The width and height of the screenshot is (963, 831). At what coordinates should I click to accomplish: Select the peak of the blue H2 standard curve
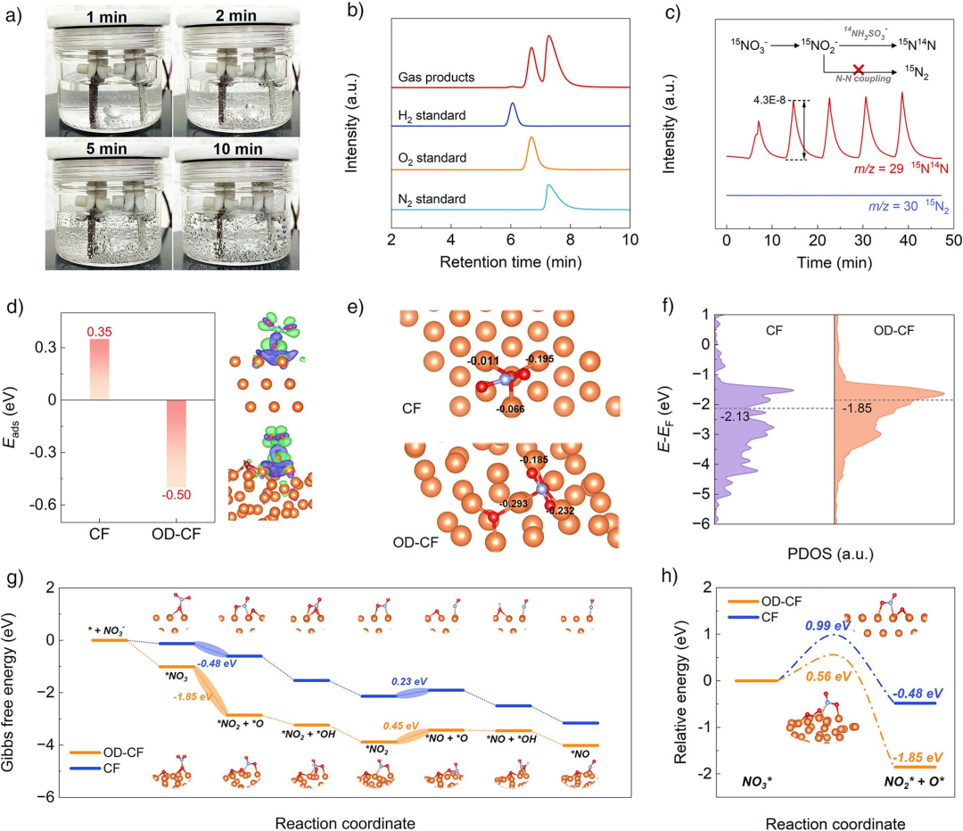(x=513, y=104)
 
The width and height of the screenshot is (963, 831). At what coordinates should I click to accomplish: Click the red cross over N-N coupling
(x=858, y=69)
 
